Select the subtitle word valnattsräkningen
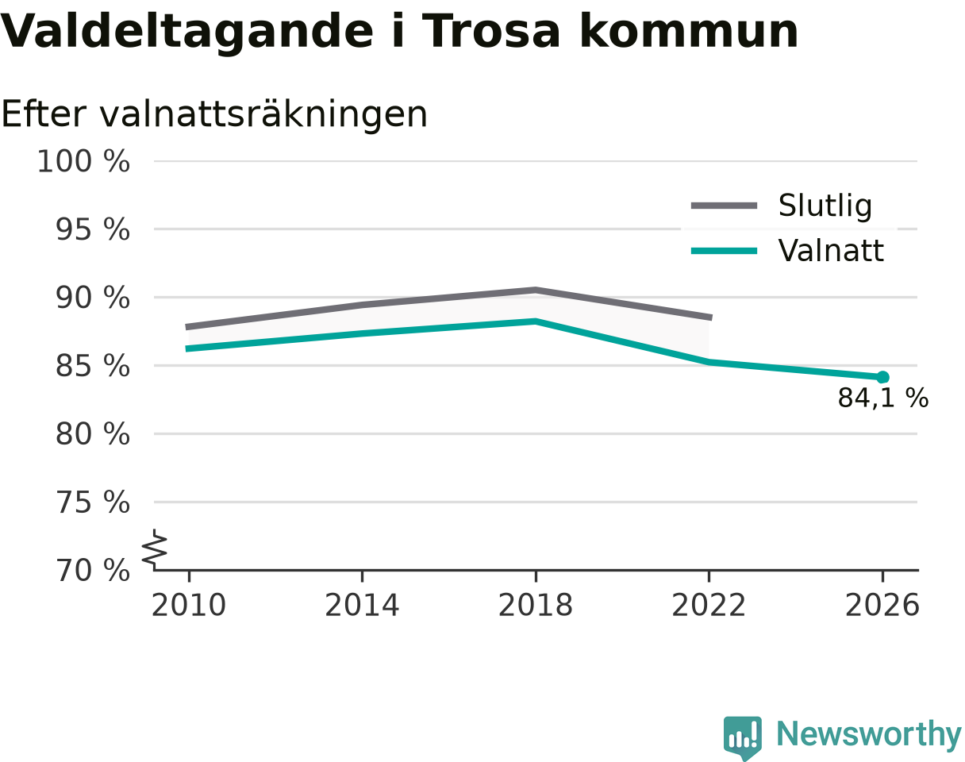click(x=263, y=115)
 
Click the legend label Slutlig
click(x=825, y=206)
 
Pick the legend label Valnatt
click(x=831, y=250)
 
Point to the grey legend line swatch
click(x=724, y=206)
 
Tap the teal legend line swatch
click(x=724, y=251)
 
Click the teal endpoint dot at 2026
click(x=882, y=377)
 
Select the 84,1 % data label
click(x=883, y=398)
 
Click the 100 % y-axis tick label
click(x=83, y=161)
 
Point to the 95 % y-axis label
click(x=93, y=229)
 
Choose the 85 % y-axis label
click(x=93, y=366)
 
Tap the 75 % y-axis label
click(x=93, y=502)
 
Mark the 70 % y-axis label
click(x=93, y=571)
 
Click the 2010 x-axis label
click(x=189, y=606)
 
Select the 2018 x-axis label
click(x=536, y=606)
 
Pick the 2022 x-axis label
click(x=709, y=606)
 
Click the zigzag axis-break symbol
click(x=155, y=546)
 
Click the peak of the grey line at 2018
click(x=536, y=291)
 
